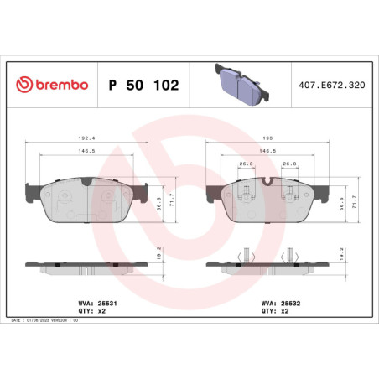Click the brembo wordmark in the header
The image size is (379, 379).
coord(59,86)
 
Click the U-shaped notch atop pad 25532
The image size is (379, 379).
coord(267,180)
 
